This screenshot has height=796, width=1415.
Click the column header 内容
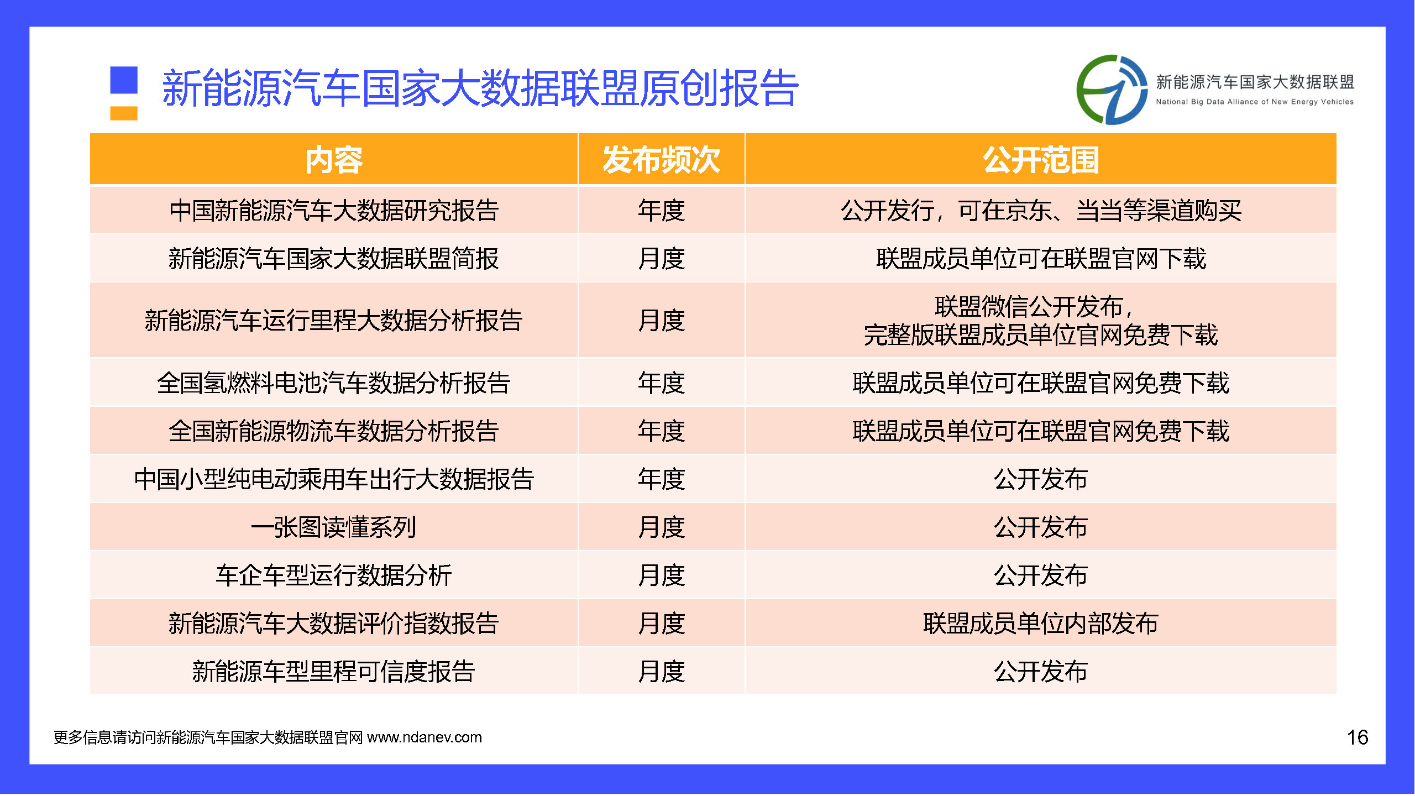pos(334,160)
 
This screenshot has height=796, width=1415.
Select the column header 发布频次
pos(661,160)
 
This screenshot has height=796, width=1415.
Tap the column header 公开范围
pos(1040,160)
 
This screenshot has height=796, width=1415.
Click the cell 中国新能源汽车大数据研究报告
pos(334,211)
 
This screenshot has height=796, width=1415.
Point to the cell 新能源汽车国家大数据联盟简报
pos(334,259)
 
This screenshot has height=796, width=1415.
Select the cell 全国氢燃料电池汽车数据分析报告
pos(334,383)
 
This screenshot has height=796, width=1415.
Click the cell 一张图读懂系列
pos(334,527)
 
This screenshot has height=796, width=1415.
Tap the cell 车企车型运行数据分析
pos(334,575)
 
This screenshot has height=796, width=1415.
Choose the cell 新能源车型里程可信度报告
pos(334,672)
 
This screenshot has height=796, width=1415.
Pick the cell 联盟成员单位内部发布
pos(1040,624)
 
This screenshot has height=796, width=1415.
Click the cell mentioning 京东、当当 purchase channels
pos(1040,211)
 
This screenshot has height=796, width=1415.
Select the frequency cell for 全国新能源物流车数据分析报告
pos(661,431)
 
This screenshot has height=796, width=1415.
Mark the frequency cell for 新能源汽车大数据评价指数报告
pos(661,624)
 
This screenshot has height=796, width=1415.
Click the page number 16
pos(1357,737)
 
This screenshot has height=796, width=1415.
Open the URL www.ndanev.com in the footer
pos(424,737)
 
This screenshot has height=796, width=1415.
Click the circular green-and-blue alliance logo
pos(1112,90)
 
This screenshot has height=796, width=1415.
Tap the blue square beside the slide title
pos(124,80)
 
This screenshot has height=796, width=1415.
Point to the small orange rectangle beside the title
pos(124,113)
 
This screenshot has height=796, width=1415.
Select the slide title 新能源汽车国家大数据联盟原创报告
pos(480,88)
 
